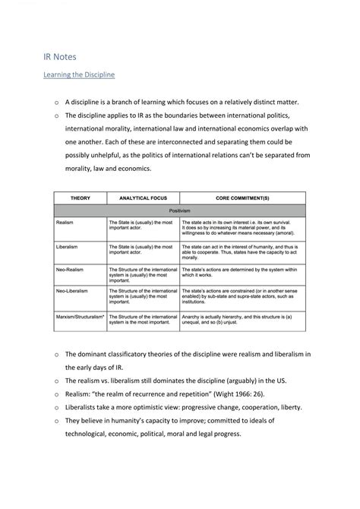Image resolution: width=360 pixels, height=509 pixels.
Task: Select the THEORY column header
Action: pyautogui.click(x=80, y=197)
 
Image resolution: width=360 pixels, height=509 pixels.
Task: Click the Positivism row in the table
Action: pyautogui.click(x=179, y=210)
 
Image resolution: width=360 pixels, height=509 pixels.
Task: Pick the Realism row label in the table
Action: pyautogui.click(x=65, y=221)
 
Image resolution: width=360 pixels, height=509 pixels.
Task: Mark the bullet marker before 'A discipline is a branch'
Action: pyautogui.click(x=56, y=102)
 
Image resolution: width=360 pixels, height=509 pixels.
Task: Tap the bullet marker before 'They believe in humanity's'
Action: pyautogui.click(x=56, y=420)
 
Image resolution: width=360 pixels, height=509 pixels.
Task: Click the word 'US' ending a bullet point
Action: pyautogui.click(x=283, y=380)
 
